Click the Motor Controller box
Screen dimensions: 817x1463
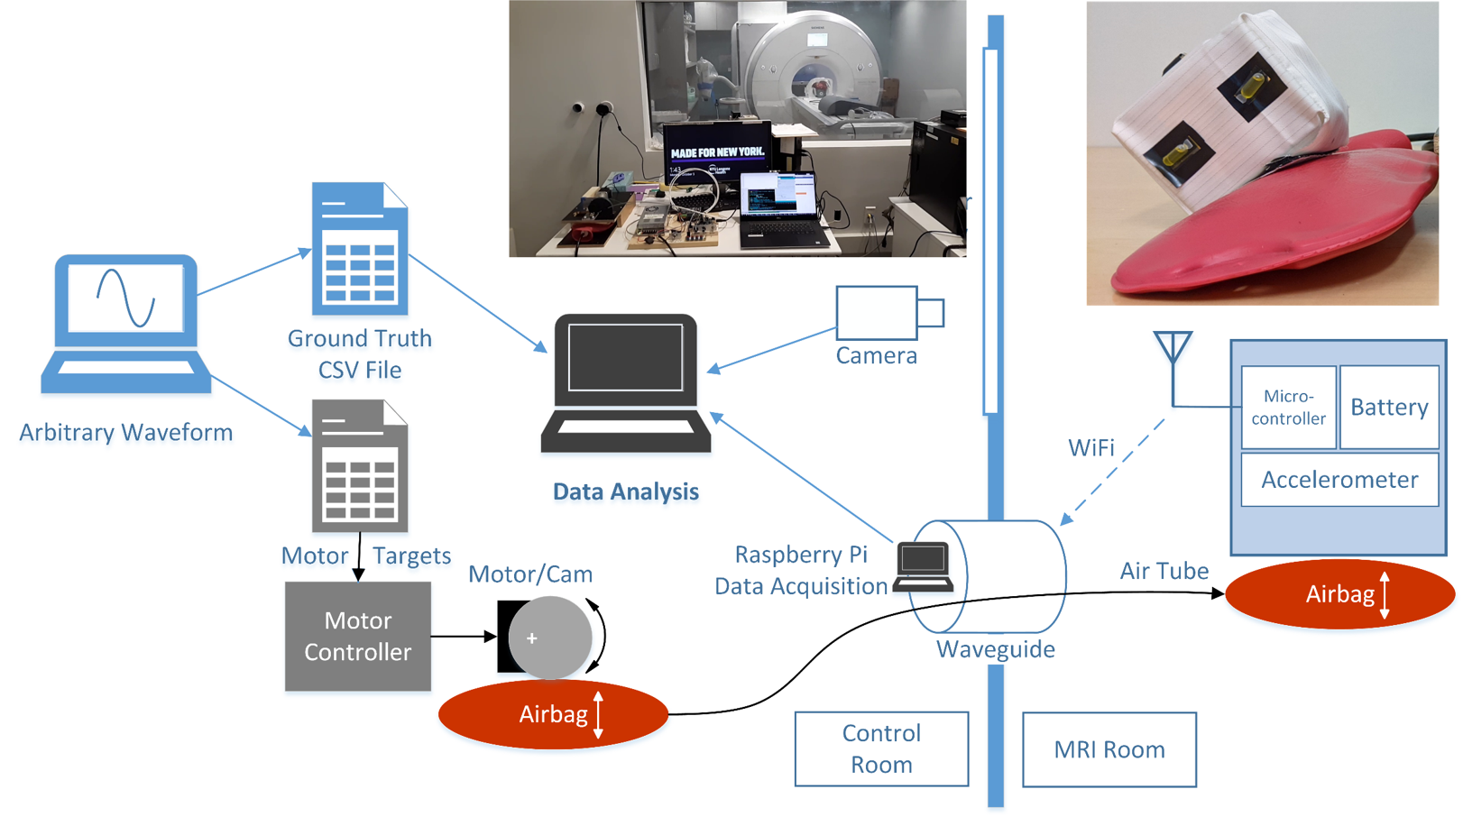click(357, 636)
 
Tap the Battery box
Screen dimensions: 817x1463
click(1389, 407)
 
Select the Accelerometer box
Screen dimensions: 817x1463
click(1339, 480)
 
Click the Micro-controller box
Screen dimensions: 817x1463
click(1288, 407)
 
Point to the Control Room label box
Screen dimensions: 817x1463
click(881, 748)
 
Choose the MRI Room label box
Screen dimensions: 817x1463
click(1109, 749)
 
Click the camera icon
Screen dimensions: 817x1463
click(888, 313)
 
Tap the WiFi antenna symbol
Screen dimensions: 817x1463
click(1173, 348)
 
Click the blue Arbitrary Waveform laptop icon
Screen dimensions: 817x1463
click(126, 325)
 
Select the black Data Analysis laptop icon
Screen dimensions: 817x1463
click(625, 383)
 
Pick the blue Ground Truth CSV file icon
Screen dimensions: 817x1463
click(359, 250)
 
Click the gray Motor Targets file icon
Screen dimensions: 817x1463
click(359, 466)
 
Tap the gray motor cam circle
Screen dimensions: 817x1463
click(549, 638)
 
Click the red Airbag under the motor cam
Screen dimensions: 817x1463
click(553, 714)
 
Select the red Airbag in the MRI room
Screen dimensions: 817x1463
click(1339, 593)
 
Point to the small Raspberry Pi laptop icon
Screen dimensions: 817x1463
click(923, 566)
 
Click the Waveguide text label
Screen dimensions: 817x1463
click(995, 649)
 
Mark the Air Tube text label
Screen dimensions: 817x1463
click(1164, 571)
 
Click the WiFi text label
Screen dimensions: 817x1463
click(1090, 448)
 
